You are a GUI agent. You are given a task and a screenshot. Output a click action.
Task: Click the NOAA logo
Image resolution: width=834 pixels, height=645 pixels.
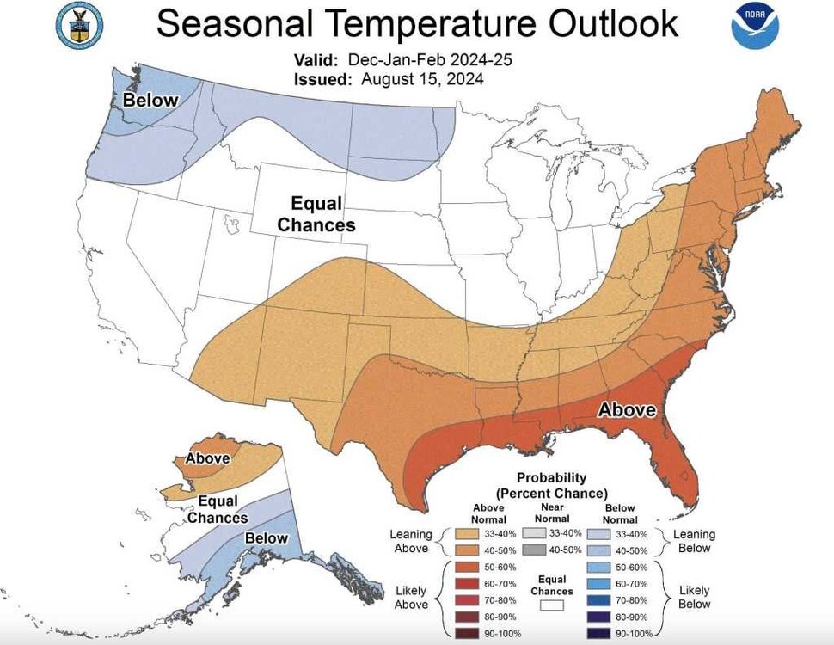click(x=755, y=25)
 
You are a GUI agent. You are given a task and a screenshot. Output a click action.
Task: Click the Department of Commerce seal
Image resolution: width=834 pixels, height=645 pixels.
click(x=78, y=24)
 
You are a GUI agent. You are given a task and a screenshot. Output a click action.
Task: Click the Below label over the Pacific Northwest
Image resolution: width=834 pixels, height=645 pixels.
click(x=150, y=101)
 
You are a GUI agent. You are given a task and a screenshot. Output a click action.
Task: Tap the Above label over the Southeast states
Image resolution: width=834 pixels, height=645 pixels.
click(x=627, y=410)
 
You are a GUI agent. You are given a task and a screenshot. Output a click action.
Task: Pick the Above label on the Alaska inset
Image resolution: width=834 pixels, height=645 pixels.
click(x=207, y=458)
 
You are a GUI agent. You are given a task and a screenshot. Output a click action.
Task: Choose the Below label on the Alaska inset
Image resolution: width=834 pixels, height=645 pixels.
click(x=267, y=538)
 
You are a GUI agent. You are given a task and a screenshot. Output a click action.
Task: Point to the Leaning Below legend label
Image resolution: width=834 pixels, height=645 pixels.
click(x=694, y=541)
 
